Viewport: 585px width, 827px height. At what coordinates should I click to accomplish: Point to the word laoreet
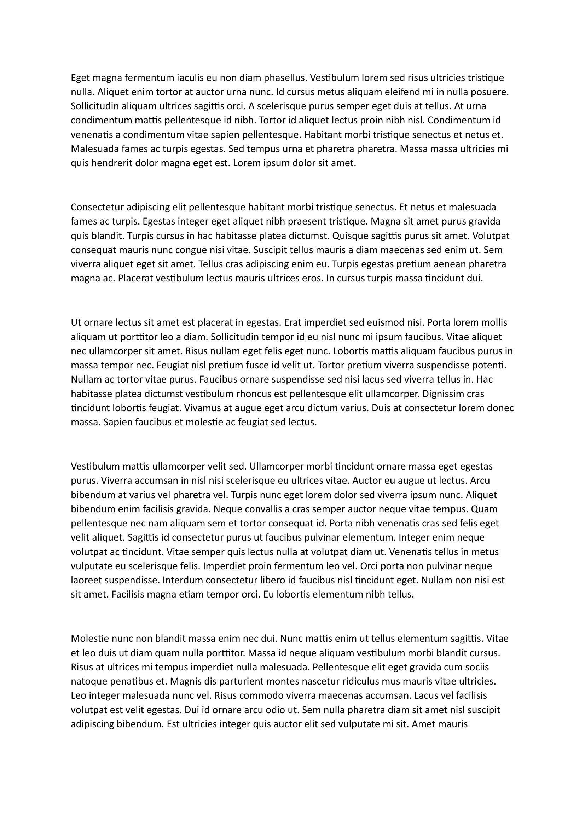86,580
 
